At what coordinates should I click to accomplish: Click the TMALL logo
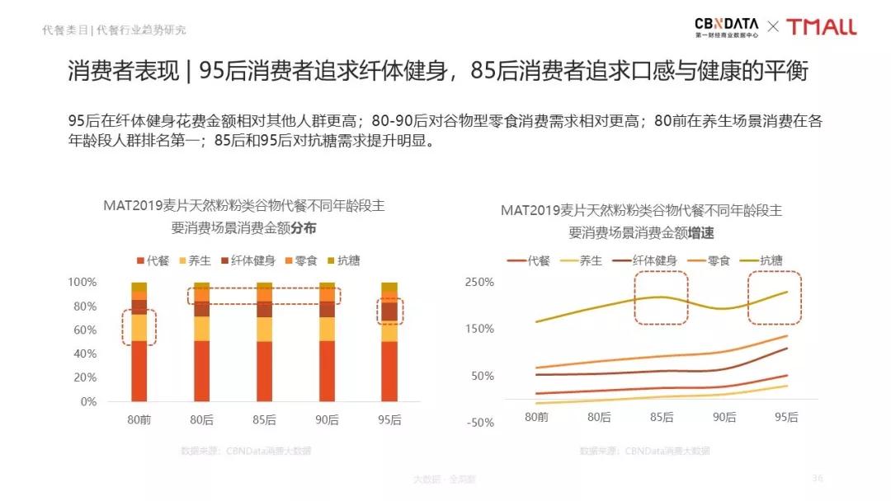(821, 26)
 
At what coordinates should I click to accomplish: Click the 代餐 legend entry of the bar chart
(153, 260)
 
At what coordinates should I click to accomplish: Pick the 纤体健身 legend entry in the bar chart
(247, 260)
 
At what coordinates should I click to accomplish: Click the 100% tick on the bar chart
(82, 282)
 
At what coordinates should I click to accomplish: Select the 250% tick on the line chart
(479, 282)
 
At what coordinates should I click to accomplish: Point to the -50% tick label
(479, 423)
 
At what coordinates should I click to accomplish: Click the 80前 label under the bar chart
(139, 419)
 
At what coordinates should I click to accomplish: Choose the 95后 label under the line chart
(786, 417)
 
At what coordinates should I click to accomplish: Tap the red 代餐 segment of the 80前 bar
(139, 371)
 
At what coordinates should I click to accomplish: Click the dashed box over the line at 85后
(660, 297)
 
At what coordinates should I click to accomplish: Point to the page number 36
(818, 478)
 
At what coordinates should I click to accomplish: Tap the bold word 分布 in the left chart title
(304, 227)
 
